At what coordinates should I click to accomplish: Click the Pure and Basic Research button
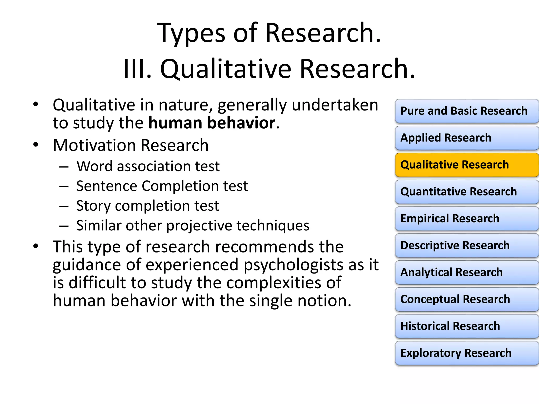pos(466,111)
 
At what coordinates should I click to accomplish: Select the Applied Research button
pos(466,138)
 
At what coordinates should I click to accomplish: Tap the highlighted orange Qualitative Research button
pos(466,165)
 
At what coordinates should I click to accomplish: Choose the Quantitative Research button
pos(466,192)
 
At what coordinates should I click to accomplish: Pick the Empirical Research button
pos(466,219)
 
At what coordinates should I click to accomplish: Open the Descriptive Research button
pos(466,245)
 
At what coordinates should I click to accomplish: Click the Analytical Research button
pos(466,272)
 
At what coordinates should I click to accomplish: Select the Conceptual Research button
pos(466,299)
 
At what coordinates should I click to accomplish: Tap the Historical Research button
pos(466,326)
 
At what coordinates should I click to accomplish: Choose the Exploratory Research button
pos(466,353)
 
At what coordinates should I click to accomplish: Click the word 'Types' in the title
pos(191,33)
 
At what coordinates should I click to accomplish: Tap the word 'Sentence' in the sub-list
pos(107,186)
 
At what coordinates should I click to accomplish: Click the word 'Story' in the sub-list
pos(93,206)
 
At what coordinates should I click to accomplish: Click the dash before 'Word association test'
pos(64,167)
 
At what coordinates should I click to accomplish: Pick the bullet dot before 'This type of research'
pos(36,246)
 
